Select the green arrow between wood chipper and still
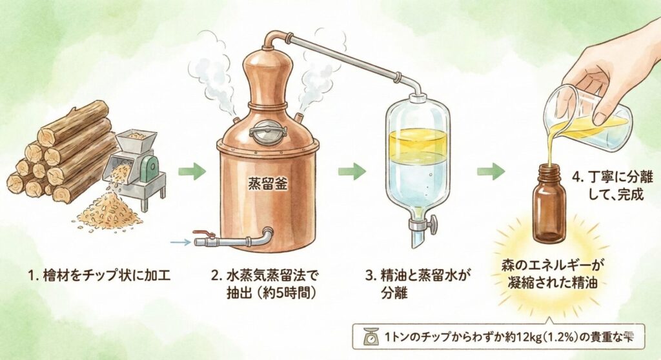[x=192, y=171]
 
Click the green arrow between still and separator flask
[x=352, y=171]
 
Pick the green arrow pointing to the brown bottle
[x=491, y=171]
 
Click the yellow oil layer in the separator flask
[x=418, y=143]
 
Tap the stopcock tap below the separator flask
[x=423, y=226]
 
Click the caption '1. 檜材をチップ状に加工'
[x=99, y=277]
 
